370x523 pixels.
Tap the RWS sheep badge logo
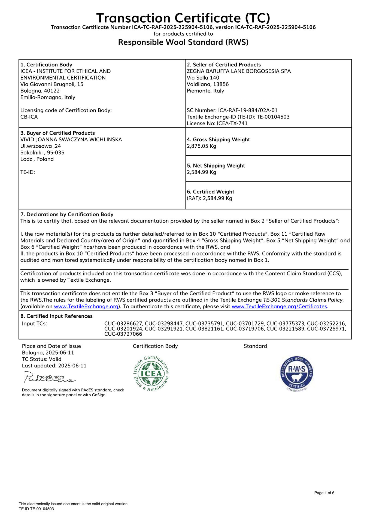[x=297, y=373]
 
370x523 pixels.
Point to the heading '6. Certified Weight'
[x=210, y=192]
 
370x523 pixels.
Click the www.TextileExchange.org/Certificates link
[x=279, y=306]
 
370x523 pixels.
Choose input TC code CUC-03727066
[x=123, y=334]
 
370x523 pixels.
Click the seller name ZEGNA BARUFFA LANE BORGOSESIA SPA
[x=239, y=71]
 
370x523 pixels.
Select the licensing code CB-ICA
[x=29, y=117]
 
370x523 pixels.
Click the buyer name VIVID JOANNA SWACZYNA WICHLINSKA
[x=71, y=140]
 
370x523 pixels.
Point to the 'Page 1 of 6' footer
[x=324, y=493]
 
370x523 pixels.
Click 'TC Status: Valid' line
[x=42, y=359]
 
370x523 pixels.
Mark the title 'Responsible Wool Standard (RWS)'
[x=183, y=42]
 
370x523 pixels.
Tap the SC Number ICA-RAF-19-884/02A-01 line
[x=232, y=110]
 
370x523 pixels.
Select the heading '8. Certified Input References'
[x=56, y=316]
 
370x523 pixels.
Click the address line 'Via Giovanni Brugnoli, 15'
[x=52, y=84]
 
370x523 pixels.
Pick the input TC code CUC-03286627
[x=123, y=324]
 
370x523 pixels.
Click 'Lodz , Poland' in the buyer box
[x=37, y=159]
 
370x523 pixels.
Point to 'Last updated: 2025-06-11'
[x=54, y=366]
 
